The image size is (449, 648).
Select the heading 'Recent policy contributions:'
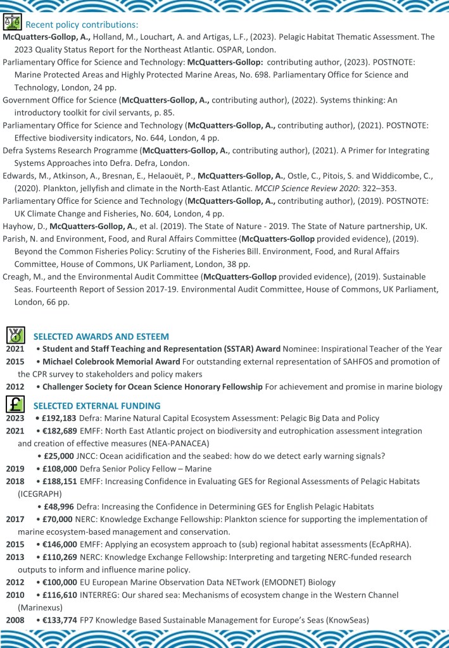coord(81,25)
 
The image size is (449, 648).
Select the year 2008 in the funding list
coord(16,620)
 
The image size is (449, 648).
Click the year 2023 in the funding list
coord(16,418)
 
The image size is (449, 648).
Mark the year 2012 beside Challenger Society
coord(16,386)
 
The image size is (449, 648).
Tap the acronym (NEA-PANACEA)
coord(169,443)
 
